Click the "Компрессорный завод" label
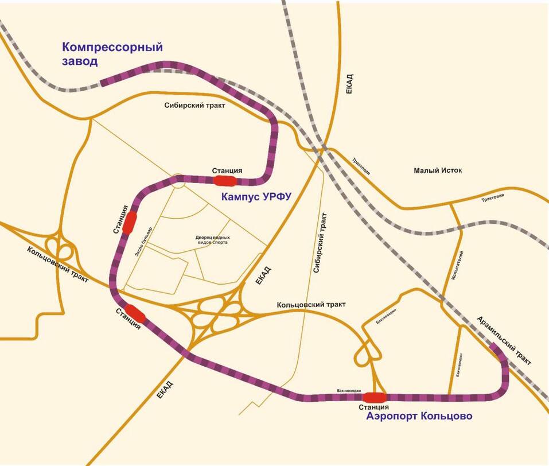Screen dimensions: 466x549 112,54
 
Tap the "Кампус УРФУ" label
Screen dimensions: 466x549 256,197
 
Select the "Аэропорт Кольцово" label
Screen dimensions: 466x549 419,416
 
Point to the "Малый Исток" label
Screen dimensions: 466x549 438,170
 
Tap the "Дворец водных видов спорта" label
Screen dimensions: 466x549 212,240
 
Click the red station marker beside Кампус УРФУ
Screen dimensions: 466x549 225,181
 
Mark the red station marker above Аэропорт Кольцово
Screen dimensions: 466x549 375,397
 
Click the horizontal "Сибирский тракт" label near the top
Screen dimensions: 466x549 194,106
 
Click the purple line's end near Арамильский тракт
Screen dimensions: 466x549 495,345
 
